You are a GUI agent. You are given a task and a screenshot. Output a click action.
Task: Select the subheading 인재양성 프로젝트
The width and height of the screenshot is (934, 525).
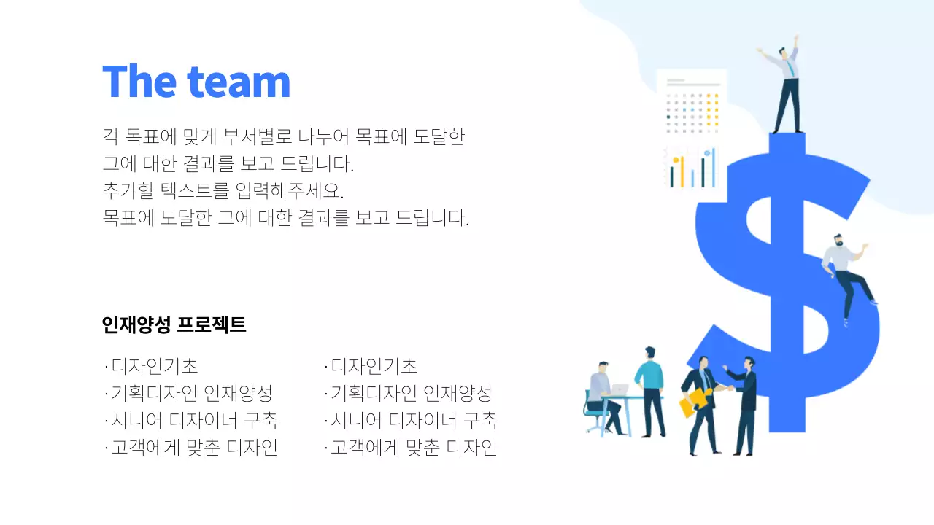pyautogui.click(x=174, y=325)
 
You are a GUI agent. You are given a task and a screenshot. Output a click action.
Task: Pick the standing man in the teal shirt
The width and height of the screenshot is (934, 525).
pyautogui.click(x=649, y=390)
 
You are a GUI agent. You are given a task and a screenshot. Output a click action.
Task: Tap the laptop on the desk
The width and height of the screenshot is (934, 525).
pyautogui.click(x=620, y=390)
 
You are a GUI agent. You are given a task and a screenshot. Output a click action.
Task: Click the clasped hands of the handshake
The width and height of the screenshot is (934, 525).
pyautogui.click(x=722, y=388)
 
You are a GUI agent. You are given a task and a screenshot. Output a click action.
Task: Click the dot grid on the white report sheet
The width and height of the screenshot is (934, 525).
pyautogui.click(x=692, y=113)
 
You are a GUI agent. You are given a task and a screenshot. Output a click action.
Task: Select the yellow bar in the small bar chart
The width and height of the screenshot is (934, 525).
pyautogui.click(x=682, y=172)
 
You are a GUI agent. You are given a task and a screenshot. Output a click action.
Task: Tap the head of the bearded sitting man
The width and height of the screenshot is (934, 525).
pyautogui.click(x=838, y=240)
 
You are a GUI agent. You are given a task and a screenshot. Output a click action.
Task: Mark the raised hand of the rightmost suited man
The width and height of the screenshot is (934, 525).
pyautogui.click(x=726, y=368)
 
